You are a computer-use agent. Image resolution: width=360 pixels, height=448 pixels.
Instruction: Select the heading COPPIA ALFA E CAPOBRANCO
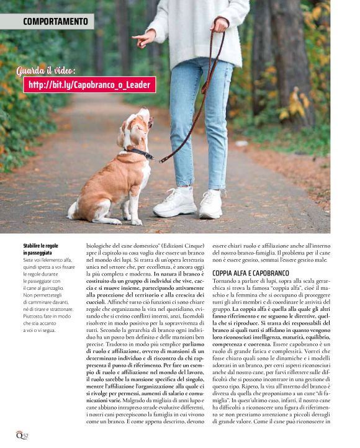coord(251,273)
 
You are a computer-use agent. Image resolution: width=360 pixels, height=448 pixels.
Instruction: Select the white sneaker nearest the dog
coord(176,203)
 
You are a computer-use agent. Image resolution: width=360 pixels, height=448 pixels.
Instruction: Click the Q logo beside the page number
coord(19,435)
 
